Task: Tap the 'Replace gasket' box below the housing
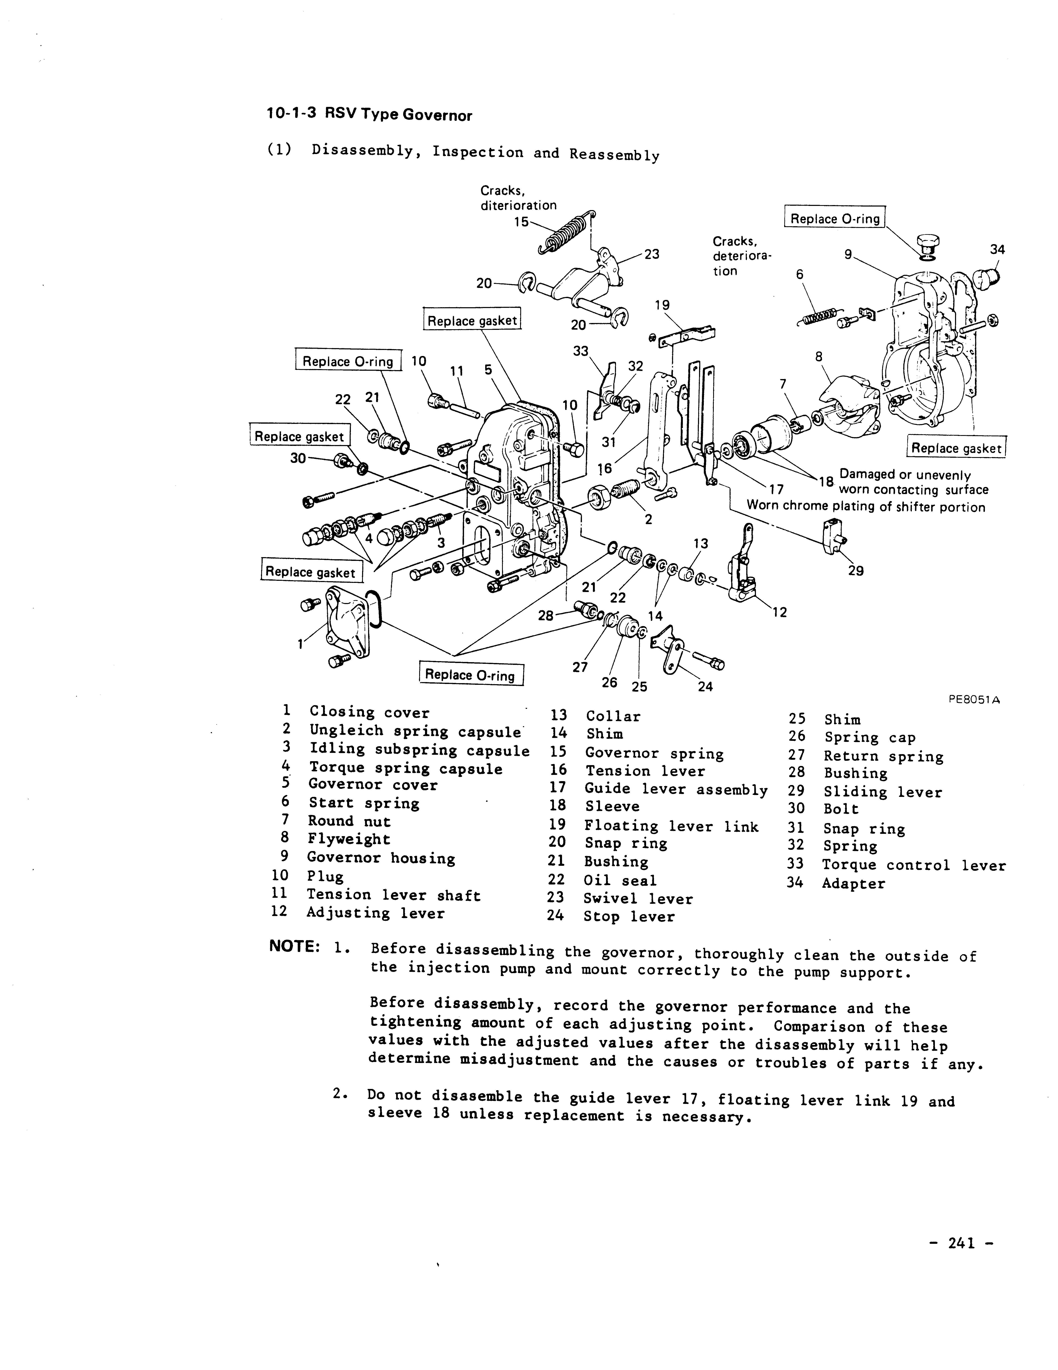point(956,448)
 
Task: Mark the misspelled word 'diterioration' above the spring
point(518,205)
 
